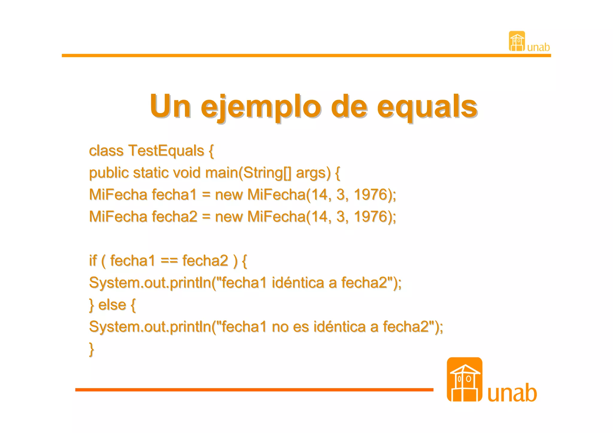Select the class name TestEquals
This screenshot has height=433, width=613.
click(166, 151)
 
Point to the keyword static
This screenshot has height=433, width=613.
click(151, 173)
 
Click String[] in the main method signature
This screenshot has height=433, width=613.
click(267, 173)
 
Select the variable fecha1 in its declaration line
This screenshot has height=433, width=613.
click(174, 195)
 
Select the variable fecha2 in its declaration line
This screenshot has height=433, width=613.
click(174, 216)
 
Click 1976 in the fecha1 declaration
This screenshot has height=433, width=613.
click(371, 195)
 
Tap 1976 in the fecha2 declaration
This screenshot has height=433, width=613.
click(371, 216)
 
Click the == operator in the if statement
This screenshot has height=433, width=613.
click(169, 261)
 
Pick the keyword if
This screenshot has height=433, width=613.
click(93, 260)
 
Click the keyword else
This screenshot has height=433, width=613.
click(112, 305)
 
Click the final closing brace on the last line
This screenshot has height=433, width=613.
click(92, 349)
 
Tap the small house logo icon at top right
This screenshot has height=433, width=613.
click(517, 41)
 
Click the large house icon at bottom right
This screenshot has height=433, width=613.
click(464, 379)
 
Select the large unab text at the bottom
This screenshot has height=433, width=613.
click(512, 393)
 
